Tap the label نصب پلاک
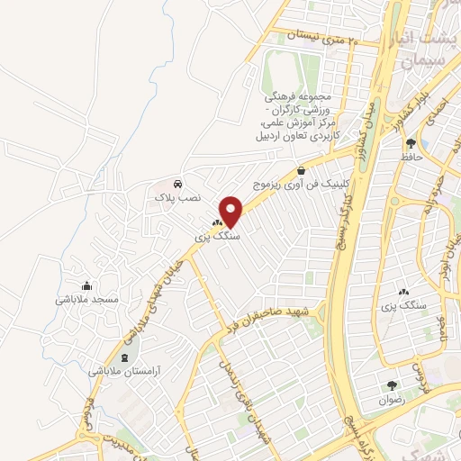[173, 195]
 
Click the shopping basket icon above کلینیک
[301, 169]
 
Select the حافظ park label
[413, 156]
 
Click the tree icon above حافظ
[411, 142]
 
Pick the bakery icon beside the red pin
[217, 222]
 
